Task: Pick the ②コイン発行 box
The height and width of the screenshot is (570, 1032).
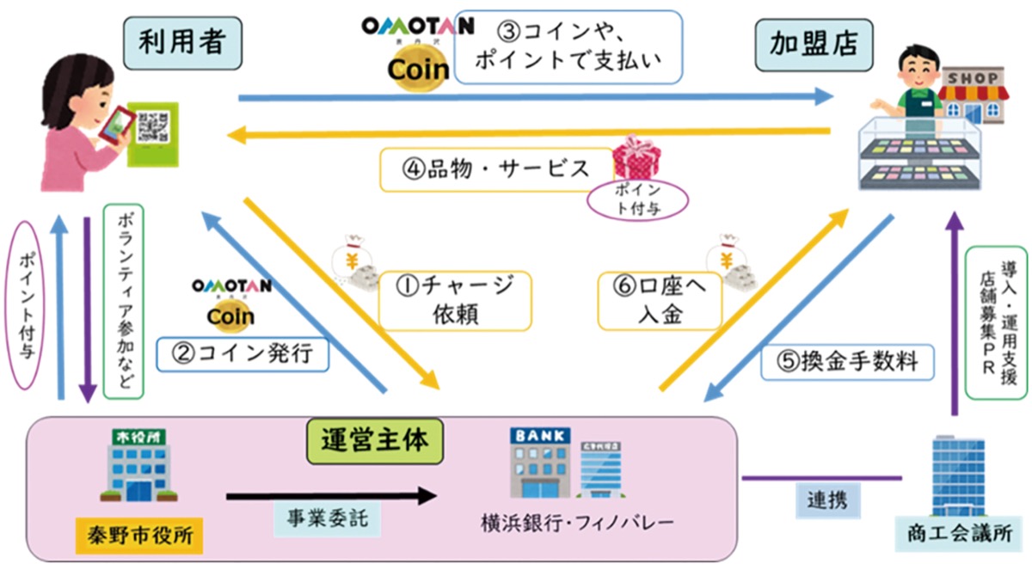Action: pyautogui.click(x=243, y=353)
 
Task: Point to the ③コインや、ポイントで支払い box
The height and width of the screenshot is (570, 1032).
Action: pyautogui.click(x=568, y=46)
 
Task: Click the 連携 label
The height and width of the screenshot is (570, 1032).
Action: pyautogui.click(x=818, y=498)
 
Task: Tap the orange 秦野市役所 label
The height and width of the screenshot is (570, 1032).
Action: pyautogui.click(x=140, y=537)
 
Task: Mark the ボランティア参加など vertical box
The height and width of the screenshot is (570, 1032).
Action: pyautogui.click(x=122, y=301)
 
